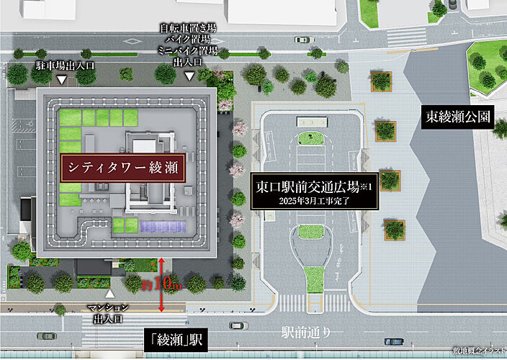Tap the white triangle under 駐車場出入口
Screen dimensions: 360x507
pos(62,79)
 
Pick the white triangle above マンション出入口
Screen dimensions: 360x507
pos(109,294)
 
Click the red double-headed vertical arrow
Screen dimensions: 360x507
pos(163,284)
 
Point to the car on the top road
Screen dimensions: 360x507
pos(303,40)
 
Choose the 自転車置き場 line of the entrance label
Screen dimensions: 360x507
pos(188,27)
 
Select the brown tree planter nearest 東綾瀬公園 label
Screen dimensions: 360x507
pos(386,130)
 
